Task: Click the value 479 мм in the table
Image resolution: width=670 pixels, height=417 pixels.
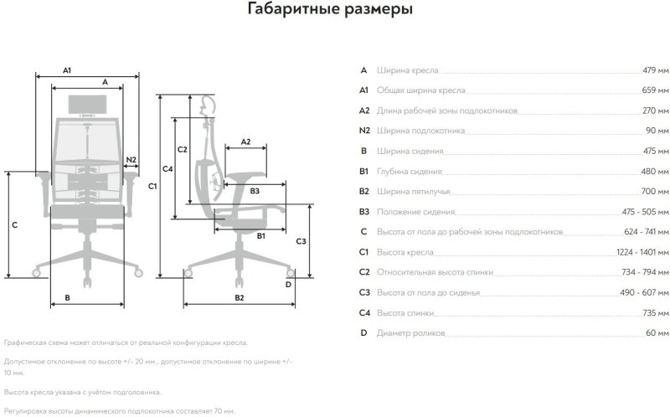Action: point(654,70)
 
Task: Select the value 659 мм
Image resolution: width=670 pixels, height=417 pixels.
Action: point(654,90)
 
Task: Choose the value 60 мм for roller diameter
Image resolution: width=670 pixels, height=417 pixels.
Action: point(656,333)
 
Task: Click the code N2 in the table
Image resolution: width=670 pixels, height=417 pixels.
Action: point(363,131)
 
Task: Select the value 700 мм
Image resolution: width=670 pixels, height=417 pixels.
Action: point(654,192)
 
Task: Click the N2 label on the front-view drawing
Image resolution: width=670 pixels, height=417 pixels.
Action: point(131,159)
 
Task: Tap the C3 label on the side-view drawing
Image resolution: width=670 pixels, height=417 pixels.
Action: point(301,241)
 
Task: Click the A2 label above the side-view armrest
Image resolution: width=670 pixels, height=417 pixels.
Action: point(245,142)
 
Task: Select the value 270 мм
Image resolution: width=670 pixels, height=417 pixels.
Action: point(654,111)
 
